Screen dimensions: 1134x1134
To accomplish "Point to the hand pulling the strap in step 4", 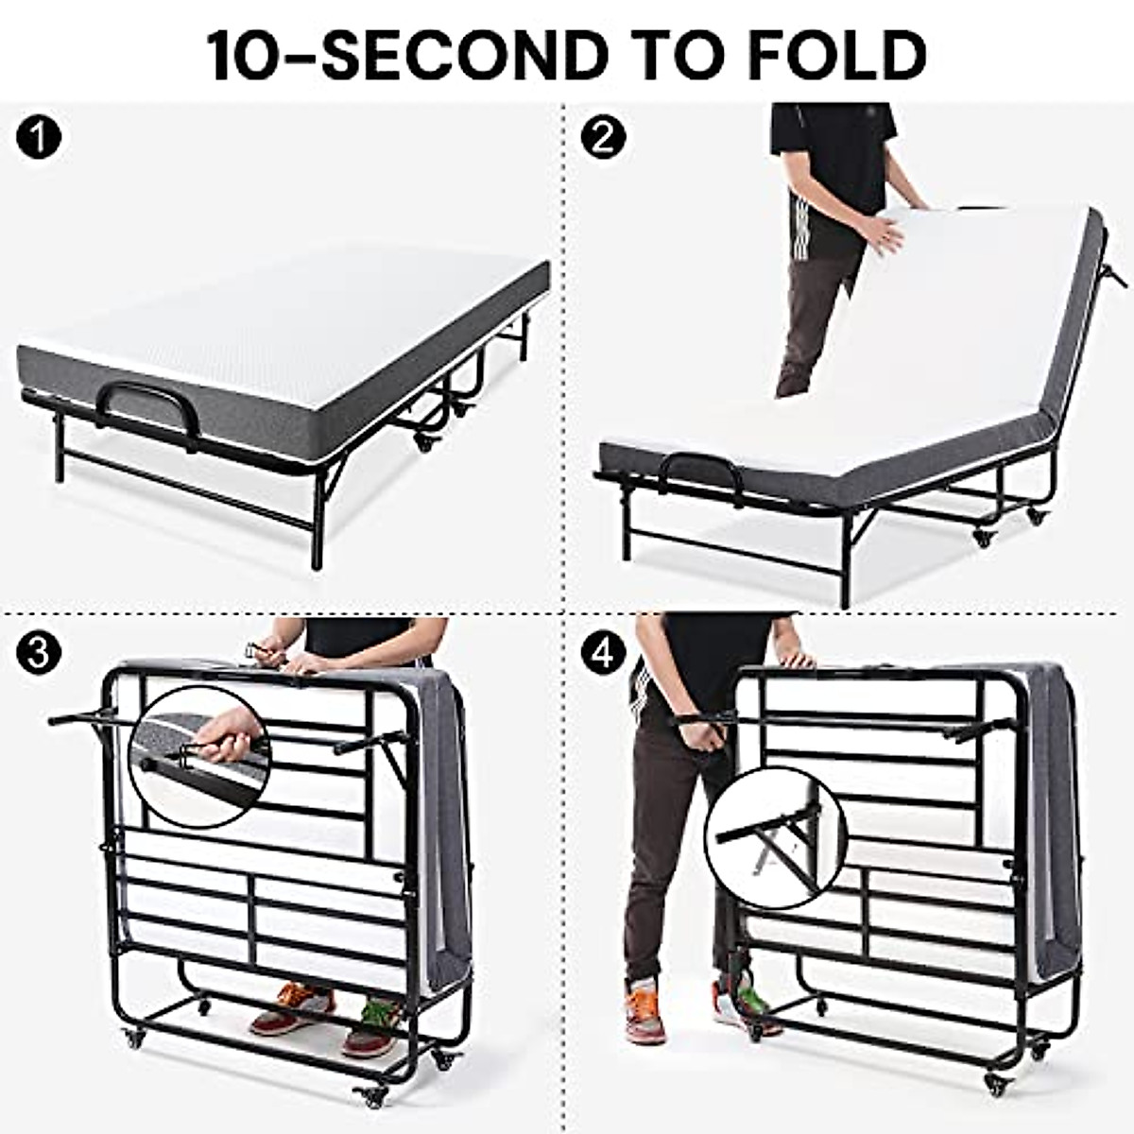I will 696,732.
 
